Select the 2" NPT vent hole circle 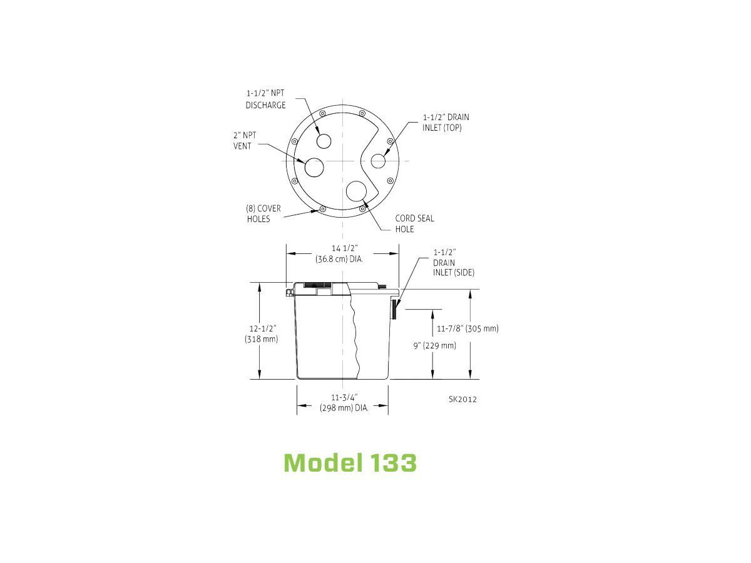314,168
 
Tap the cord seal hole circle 356,191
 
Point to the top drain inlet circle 378,161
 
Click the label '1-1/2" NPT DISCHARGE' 265,99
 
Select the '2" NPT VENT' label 245,141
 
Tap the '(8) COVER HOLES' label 263,214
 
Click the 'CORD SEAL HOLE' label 414,224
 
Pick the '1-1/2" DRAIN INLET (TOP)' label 446,123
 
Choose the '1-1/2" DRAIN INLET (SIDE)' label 454,263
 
